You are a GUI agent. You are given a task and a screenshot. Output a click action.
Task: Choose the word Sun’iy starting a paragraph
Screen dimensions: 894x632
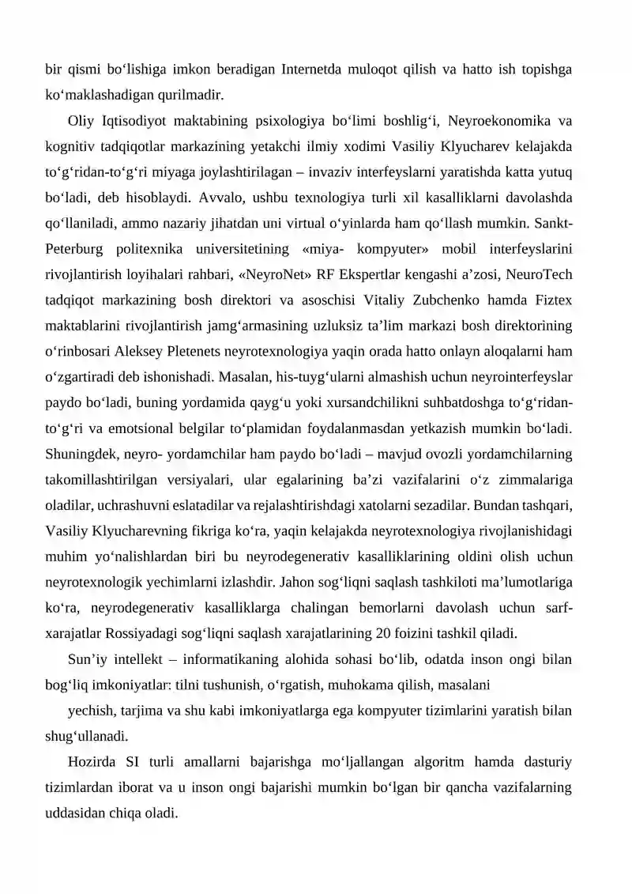(x=87, y=659)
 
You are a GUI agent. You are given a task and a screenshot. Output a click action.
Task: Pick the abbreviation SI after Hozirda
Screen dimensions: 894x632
(x=134, y=762)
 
